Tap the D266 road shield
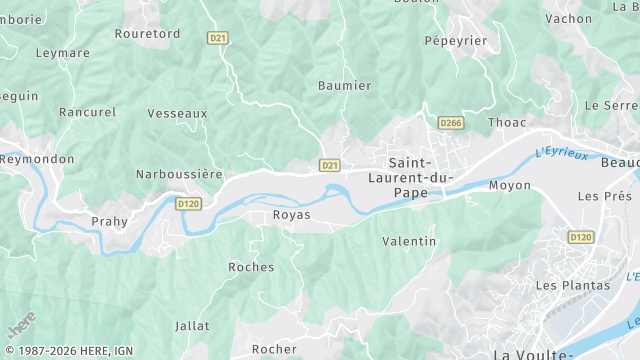[451, 123]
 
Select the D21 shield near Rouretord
[218, 38]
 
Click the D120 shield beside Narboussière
[188, 203]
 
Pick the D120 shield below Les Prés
[580, 237]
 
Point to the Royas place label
[291, 215]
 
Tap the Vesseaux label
[177, 114]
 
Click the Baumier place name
[344, 86]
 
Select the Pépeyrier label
[455, 41]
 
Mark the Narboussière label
[179, 174]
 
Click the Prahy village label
[110, 222]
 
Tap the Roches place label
[251, 267]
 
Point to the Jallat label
[192, 326]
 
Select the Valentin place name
[409, 241]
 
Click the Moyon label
[509, 186]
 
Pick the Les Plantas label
[572, 285]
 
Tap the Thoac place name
[506, 123]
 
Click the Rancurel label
[87, 112]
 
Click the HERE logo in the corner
[20, 326]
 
